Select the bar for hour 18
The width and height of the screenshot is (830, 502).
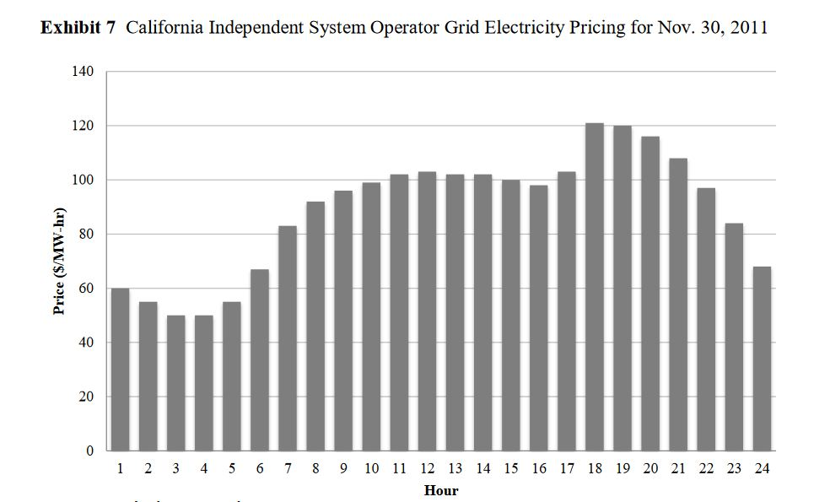pos(595,287)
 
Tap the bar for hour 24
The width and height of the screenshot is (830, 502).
pos(762,359)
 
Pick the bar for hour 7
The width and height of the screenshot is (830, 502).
pos(288,338)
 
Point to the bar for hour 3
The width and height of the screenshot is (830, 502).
pos(176,383)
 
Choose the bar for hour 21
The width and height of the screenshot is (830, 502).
pos(678,305)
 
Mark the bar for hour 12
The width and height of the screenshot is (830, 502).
pos(427,311)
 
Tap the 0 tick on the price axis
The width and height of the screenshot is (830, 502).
pos(90,451)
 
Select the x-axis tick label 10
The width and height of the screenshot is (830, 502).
pos(371,469)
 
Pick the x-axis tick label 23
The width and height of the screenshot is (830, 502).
pos(734,469)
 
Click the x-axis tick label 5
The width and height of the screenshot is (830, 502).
pos(232,469)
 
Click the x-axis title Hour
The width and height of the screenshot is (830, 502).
pos(441,490)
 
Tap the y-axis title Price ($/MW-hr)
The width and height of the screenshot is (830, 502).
pos(59,260)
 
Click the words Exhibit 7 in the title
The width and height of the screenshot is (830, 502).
pos(77,27)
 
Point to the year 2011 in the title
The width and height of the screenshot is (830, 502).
pos(748,27)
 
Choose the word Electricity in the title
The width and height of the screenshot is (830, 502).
pos(515,27)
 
